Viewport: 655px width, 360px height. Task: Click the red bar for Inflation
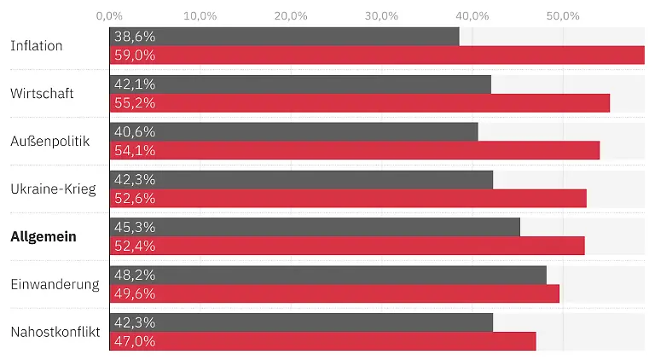pyautogui.click(x=377, y=55)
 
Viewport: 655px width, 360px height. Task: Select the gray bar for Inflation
pyautogui.click(x=284, y=37)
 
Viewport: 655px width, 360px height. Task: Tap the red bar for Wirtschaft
pyautogui.click(x=359, y=103)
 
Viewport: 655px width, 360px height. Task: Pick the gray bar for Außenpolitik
pyautogui.click(x=293, y=131)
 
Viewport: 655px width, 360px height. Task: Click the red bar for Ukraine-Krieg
pyautogui.click(x=348, y=198)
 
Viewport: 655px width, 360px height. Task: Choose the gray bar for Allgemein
pyautogui.click(x=315, y=227)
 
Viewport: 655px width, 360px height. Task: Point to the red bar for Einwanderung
pyautogui.click(x=334, y=293)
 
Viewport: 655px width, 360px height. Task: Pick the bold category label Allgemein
pyautogui.click(x=43, y=236)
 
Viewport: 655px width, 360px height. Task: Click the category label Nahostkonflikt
pyautogui.click(x=55, y=332)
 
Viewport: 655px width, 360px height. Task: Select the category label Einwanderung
pyautogui.click(x=55, y=284)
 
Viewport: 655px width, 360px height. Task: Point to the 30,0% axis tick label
pyautogui.click(x=381, y=15)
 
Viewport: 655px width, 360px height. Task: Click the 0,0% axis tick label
pyautogui.click(x=109, y=15)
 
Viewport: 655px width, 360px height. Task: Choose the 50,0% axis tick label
pyautogui.click(x=562, y=15)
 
